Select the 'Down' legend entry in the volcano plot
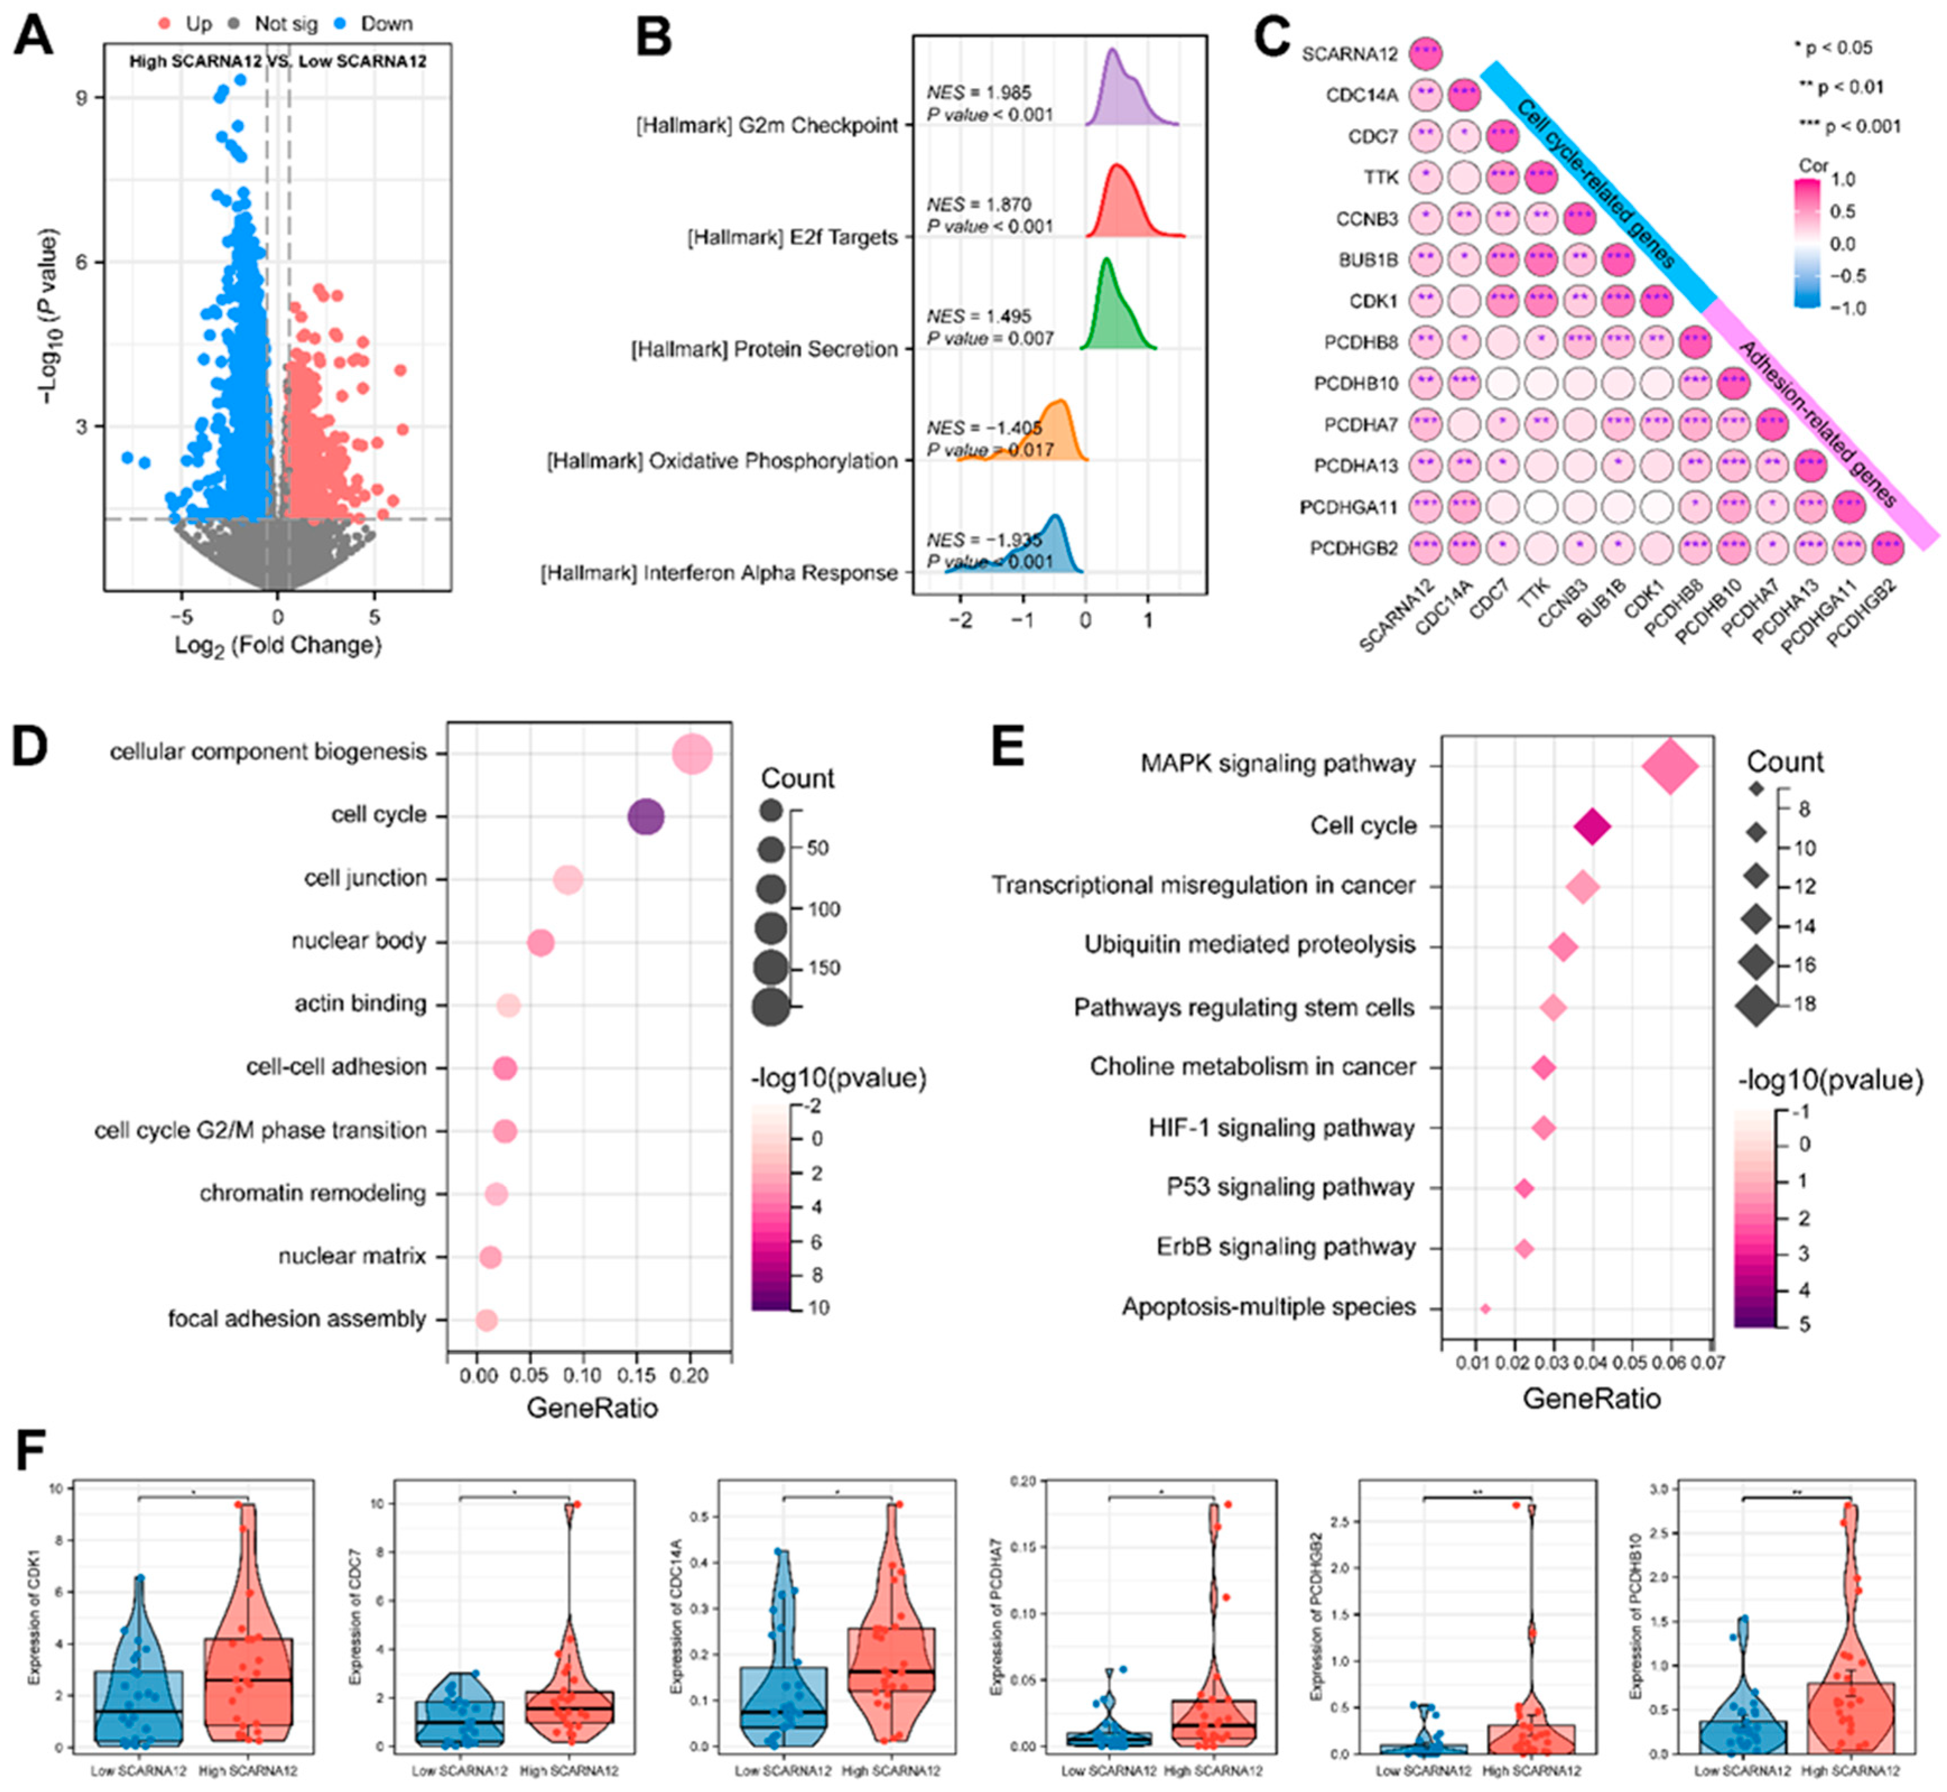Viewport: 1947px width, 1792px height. tap(386, 24)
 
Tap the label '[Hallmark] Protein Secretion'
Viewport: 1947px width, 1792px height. tap(764, 349)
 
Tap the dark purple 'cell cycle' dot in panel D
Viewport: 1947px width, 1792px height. tap(646, 816)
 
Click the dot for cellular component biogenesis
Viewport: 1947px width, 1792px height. tap(693, 754)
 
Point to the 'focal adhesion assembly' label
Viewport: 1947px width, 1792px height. tap(297, 1319)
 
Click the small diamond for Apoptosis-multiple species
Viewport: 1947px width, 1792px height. tap(1485, 1309)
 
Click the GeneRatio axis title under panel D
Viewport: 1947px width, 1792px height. tap(592, 1407)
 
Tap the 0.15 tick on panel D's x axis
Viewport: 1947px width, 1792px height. tap(636, 1375)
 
